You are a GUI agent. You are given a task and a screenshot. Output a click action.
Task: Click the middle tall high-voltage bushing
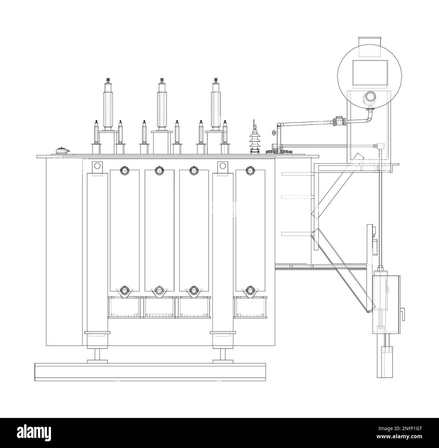[x=162, y=108]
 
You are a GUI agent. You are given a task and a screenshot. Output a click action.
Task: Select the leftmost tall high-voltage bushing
[x=108, y=108]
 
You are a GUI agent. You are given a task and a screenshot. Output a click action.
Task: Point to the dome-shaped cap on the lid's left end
[x=61, y=151]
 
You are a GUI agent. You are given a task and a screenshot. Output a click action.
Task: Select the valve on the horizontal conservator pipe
[x=339, y=122]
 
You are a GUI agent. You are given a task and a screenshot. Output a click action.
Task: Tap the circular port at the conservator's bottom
[x=370, y=97]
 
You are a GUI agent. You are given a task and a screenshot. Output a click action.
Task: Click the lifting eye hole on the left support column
[x=97, y=165]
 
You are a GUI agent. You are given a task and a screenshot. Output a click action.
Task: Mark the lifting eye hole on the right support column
[x=223, y=165]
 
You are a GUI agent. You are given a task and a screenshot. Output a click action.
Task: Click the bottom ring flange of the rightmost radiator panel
[x=250, y=290]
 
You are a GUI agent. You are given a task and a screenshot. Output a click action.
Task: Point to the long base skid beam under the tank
[x=150, y=372]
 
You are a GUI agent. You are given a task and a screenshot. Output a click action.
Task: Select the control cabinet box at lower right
[x=386, y=305]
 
